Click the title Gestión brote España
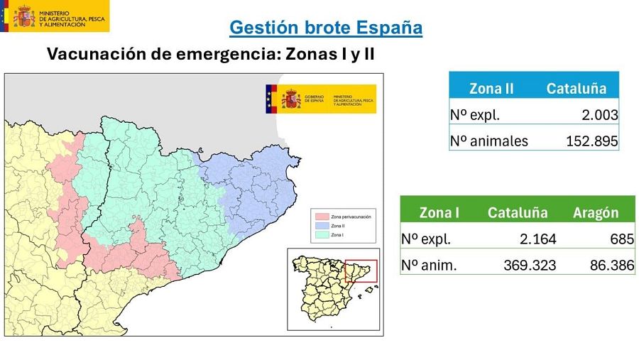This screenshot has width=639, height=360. click(327, 28)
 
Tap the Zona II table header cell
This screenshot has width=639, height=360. click(491, 89)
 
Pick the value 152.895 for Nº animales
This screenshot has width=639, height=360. click(591, 141)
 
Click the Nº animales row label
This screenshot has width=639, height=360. click(489, 141)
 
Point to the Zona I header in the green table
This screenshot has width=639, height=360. click(439, 213)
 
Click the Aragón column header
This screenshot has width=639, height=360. click(595, 213)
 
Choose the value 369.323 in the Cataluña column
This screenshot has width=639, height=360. click(530, 266)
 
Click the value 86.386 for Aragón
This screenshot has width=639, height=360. click(611, 266)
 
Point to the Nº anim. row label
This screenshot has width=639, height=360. click(429, 266)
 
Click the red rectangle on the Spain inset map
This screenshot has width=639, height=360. click(359, 271)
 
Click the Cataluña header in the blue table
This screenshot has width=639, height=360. click(576, 89)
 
